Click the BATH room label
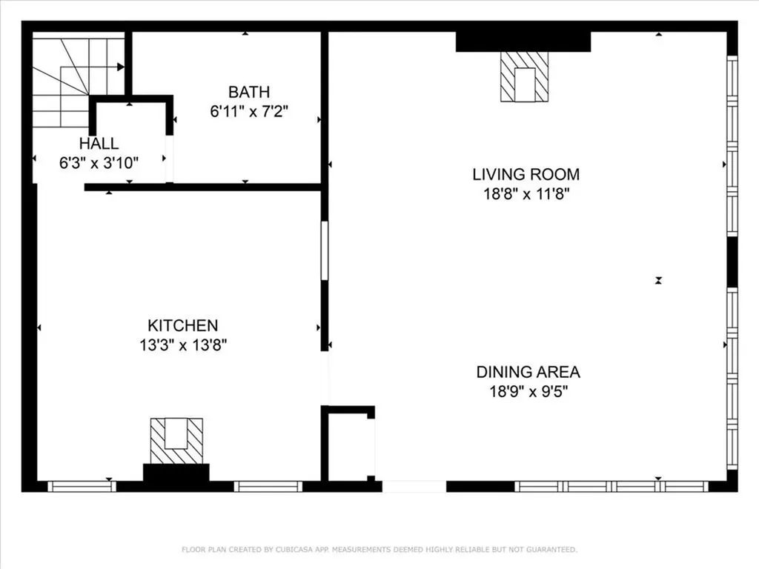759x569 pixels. click(x=248, y=93)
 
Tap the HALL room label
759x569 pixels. click(x=99, y=144)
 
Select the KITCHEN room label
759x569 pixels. click(x=182, y=325)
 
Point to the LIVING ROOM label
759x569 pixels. click(x=526, y=175)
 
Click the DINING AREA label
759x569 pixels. click(x=528, y=372)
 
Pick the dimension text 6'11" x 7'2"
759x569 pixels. click(x=248, y=112)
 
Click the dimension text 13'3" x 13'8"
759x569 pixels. click(x=182, y=345)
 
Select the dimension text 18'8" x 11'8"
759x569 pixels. click(x=526, y=194)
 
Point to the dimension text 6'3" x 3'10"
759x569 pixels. click(x=99, y=163)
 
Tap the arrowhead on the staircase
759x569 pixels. click(x=120, y=67)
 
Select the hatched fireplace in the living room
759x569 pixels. click(x=524, y=77)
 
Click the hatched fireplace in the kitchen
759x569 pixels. click(x=176, y=441)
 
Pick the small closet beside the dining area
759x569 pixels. click(x=350, y=447)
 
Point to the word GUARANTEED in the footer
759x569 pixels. click(x=551, y=550)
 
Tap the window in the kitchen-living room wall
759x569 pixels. click(x=324, y=250)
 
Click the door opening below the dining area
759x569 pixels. click(x=414, y=487)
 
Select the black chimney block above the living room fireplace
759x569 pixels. click(x=523, y=41)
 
